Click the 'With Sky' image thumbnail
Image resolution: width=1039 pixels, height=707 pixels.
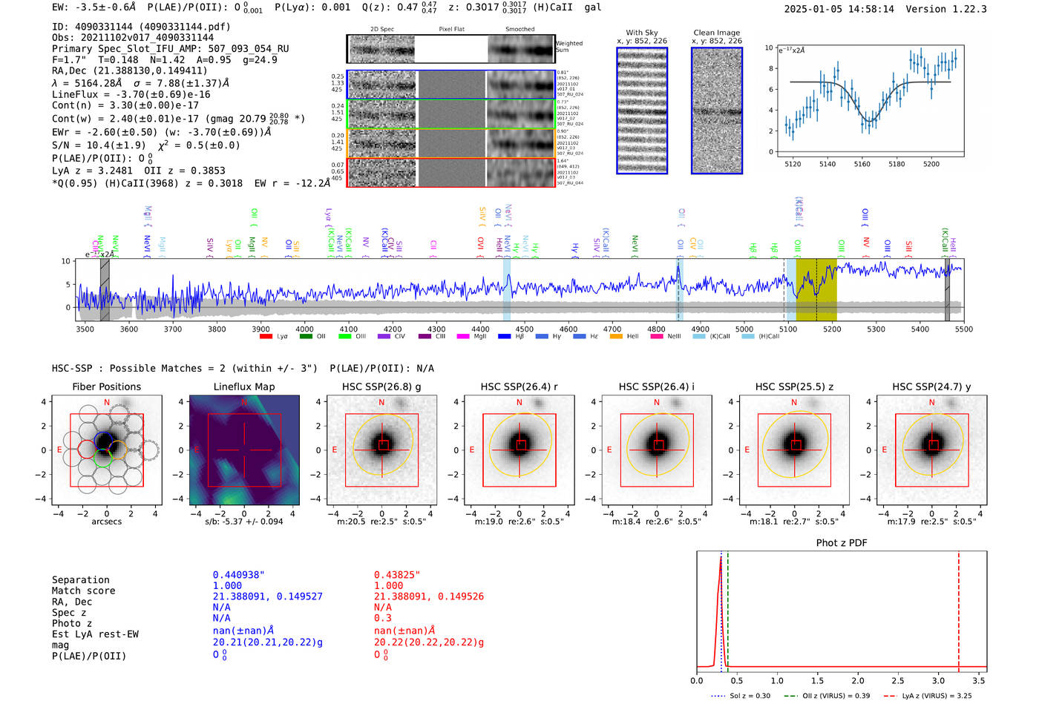click(642, 111)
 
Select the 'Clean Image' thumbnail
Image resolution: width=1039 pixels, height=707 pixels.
click(717, 111)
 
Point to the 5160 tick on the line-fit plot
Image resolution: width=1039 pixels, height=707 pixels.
click(862, 164)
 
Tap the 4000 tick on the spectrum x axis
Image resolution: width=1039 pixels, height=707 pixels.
click(304, 329)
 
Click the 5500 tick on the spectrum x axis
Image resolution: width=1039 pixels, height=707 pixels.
click(963, 329)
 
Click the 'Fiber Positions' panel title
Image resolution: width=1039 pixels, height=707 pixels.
click(106, 387)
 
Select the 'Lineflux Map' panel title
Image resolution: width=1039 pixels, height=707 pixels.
click(244, 387)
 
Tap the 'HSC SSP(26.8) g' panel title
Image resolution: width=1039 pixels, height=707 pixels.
click(381, 387)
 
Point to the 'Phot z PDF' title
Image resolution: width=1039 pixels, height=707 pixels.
click(842, 543)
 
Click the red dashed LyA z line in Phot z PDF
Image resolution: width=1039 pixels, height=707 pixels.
click(958, 608)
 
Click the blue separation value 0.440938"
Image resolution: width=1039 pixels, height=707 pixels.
click(238, 575)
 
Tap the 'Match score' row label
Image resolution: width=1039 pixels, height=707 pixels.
click(83, 591)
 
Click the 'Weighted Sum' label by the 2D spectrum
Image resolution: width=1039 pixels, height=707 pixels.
click(568, 47)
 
